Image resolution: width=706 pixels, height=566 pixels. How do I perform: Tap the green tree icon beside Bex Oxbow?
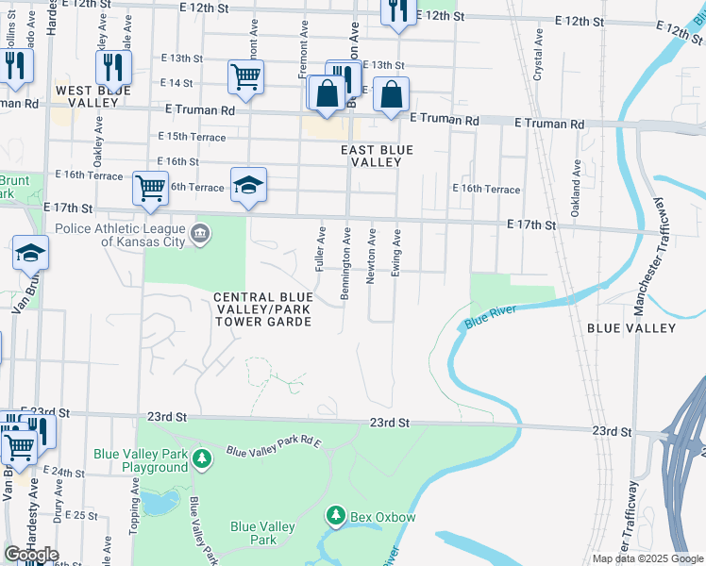point(334,515)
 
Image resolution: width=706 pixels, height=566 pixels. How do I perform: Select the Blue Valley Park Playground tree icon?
point(201,458)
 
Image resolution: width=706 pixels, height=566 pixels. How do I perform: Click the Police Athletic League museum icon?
point(200,233)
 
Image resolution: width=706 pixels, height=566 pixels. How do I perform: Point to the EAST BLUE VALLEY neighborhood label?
point(377,156)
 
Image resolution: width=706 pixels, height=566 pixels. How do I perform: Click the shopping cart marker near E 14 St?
point(245,76)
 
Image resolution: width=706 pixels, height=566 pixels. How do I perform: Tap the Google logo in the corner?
point(31,555)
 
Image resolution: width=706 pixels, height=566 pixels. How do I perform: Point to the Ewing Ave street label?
point(397,251)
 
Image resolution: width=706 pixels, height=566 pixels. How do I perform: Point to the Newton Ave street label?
point(372,256)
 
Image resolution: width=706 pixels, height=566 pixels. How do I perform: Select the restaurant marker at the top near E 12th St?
point(397,11)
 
